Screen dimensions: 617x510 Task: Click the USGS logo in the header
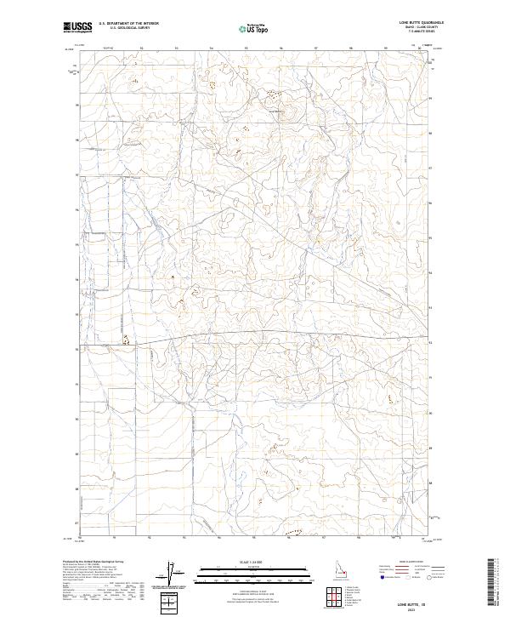click(x=78, y=27)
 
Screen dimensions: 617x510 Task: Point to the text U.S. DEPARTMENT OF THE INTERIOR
click(x=128, y=23)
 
